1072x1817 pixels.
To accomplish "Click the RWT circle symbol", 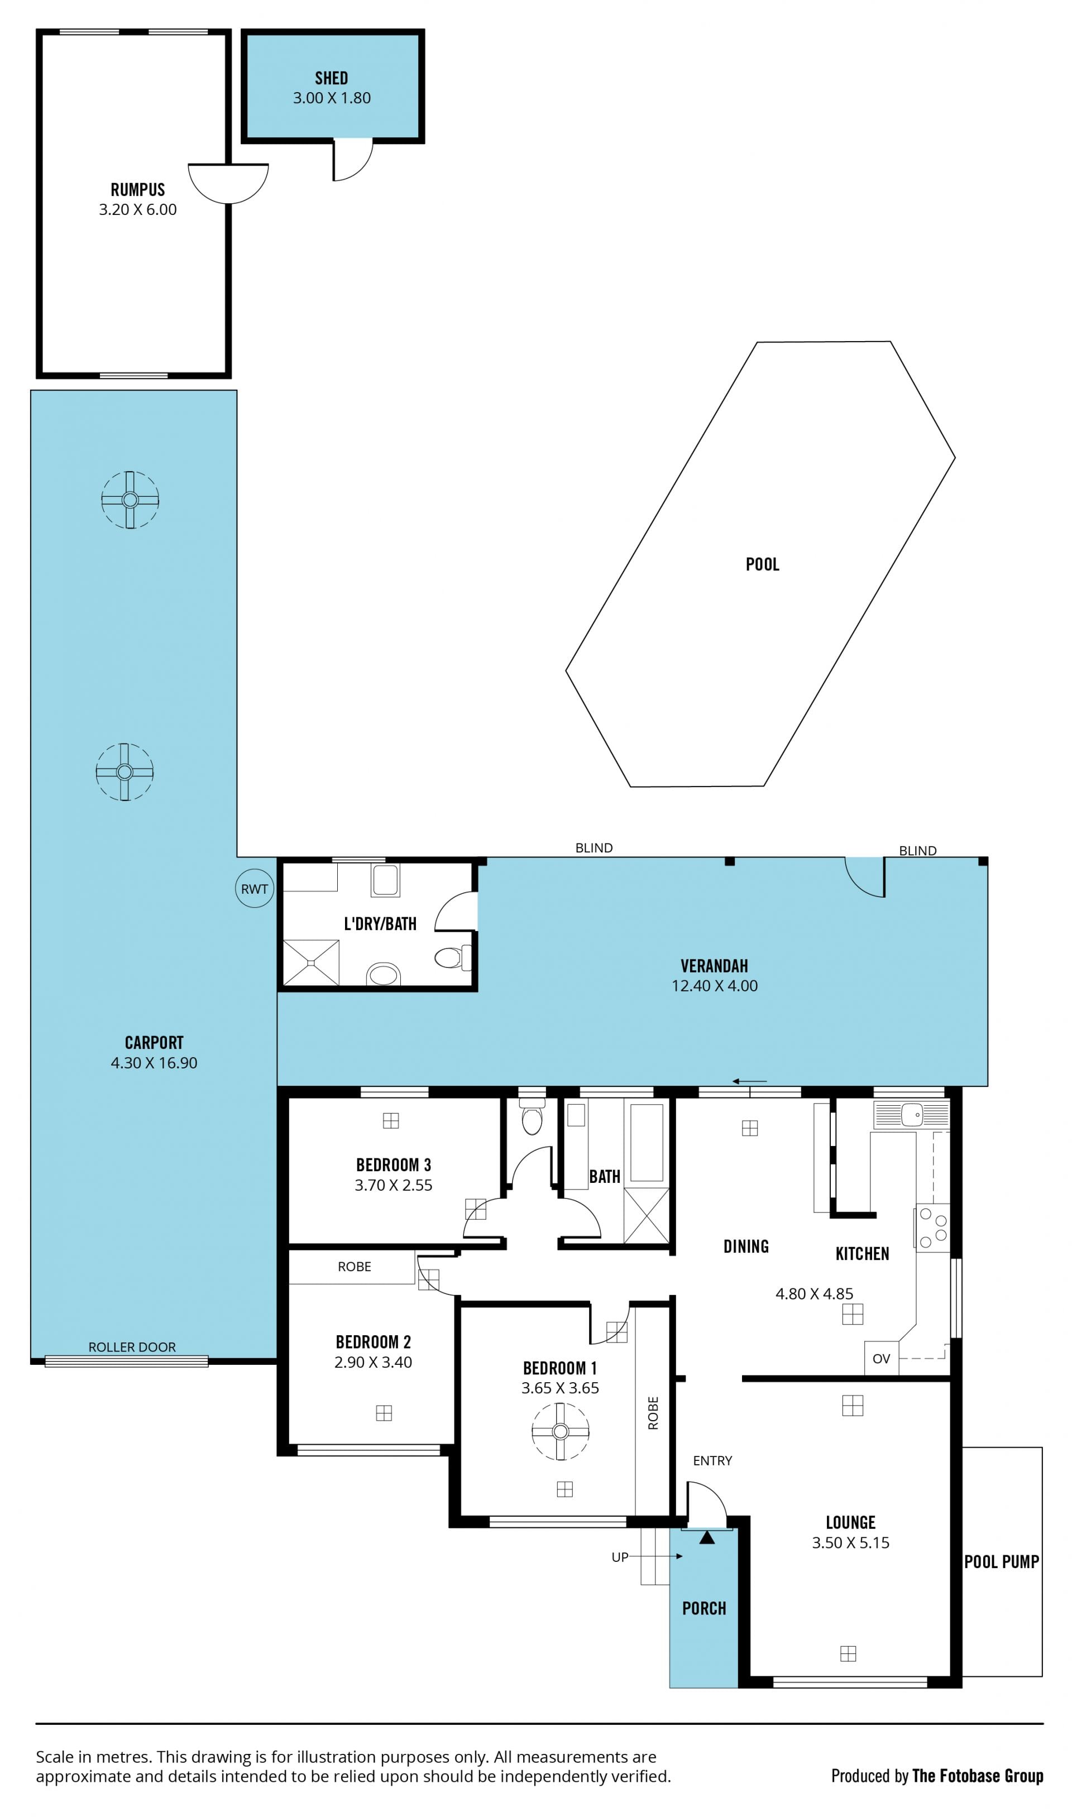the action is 254,888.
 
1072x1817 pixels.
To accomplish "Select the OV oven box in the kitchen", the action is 881,1358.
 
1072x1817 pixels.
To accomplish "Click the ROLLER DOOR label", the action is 132,1347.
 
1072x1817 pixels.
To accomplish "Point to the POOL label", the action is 763,564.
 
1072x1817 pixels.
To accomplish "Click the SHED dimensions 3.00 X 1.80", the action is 332,98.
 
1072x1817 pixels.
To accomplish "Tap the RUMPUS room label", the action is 138,189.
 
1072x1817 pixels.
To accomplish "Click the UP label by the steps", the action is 620,1557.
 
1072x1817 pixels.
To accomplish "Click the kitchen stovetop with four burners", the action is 932,1228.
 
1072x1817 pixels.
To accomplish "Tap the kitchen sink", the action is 912,1114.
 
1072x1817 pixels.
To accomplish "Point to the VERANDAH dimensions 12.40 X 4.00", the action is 715,986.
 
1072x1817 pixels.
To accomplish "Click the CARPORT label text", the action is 154,1043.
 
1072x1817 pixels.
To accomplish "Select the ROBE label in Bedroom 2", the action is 354,1267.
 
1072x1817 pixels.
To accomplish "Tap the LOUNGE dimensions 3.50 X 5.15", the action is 850,1542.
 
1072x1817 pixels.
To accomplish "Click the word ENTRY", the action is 712,1460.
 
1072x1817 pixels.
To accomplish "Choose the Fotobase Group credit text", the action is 978,1775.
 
